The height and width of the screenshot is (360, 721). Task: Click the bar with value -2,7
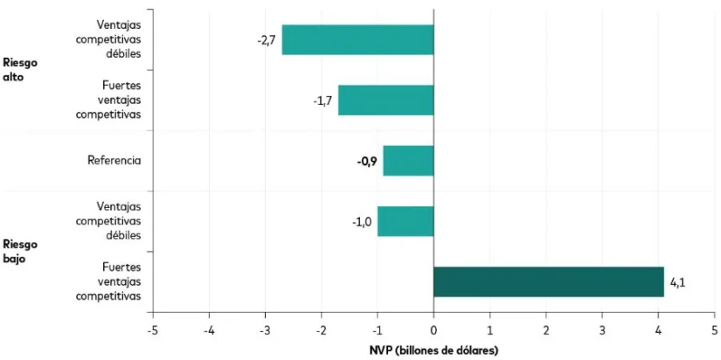(357, 40)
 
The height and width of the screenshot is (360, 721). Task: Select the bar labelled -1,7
(385, 100)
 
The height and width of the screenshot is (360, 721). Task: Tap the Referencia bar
(408, 161)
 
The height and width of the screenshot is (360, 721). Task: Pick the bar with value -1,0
(406, 221)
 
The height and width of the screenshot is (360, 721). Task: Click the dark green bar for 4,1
(548, 282)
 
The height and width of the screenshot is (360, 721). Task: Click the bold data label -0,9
(367, 161)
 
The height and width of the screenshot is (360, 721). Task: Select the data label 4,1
(678, 282)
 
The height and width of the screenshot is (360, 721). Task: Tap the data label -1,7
(322, 100)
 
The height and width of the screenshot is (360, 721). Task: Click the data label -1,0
(362, 221)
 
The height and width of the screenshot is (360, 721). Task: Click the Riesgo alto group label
(20, 69)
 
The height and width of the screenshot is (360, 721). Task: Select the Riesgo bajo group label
(20, 251)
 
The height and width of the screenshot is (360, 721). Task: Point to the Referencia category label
(114, 161)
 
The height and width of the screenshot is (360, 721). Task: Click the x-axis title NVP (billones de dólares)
(433, 350)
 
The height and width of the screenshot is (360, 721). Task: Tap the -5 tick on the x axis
(151, 330)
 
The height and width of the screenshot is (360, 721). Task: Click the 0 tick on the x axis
(433, 330)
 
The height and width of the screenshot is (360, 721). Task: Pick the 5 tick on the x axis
(714, 330)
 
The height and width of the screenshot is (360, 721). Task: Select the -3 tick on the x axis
(264, 330)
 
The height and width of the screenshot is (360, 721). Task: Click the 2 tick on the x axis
(545, 330)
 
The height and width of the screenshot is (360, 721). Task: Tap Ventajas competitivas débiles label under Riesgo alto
(108, 40)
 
